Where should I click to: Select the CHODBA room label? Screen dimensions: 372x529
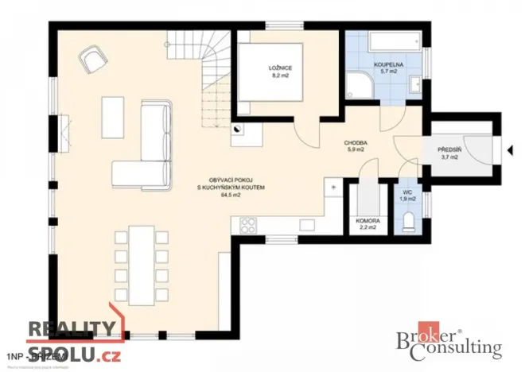pyautogui.click(x=354, y=143)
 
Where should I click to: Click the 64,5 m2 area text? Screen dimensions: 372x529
pyautogui.click(x=231, y=196)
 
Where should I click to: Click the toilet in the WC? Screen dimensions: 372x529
pyautogui.click(x=410, y=220)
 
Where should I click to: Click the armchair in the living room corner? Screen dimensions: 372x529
pyautogui.click(x=91, y=58)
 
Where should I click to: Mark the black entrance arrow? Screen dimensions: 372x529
pyautogui.click(x=507, y=149)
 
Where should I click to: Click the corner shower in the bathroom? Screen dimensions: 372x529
pyautogui.click(x=362, y=86)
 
